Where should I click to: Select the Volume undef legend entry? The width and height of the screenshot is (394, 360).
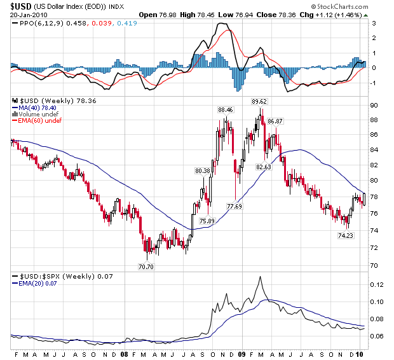tap(36, 114)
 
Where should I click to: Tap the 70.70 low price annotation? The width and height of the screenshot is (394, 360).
tap(146, 267)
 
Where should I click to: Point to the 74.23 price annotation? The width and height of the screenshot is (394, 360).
tap(346, 235)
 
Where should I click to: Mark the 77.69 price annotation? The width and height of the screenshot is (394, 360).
tap(234, 207)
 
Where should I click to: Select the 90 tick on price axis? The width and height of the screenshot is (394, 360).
tap(375, 106)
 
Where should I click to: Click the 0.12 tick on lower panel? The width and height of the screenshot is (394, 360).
tap(377, 285)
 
